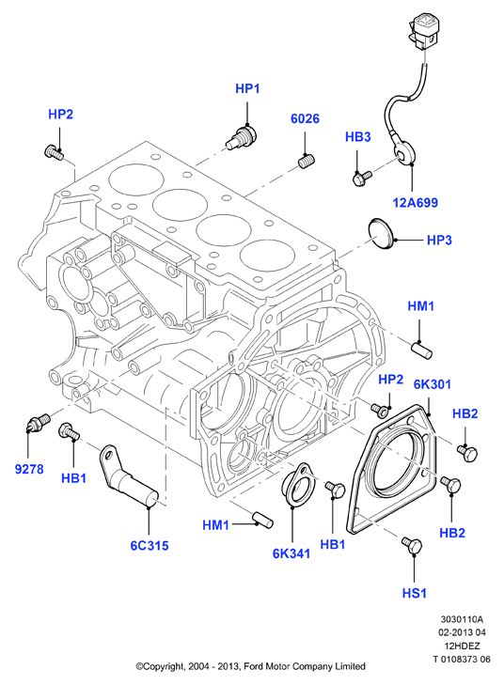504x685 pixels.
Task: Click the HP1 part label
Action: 247,88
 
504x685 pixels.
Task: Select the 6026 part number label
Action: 305,118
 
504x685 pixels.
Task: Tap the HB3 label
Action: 358,137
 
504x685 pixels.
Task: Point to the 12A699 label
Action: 416,203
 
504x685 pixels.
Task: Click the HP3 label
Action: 439,241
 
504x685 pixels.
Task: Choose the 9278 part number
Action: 29,469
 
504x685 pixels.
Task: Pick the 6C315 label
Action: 150,546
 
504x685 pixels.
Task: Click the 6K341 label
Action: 291,553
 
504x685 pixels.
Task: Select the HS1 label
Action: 415,593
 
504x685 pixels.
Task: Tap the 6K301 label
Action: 433,384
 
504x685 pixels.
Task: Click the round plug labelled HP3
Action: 382,234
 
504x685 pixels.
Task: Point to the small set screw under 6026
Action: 307,161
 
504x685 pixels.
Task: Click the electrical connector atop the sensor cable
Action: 423,29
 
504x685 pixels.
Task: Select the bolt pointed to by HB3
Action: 361,178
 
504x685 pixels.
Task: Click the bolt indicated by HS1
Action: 412,545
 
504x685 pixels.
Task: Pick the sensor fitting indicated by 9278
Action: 39,422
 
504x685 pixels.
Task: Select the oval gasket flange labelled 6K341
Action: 297,483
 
